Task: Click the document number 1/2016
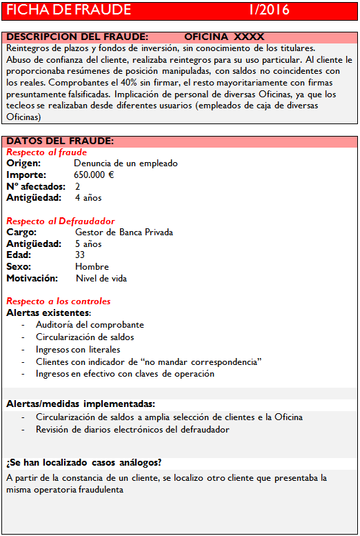[x=269, y=10]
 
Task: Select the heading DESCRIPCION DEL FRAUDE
[x=77, y=37]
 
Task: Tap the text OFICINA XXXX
[x=224, y=37]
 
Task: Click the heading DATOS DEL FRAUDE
[x=60, y=141]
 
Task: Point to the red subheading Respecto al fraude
[x=47, y=152]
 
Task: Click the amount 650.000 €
[x=94, y=175]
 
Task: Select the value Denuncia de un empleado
[x=126, y=163]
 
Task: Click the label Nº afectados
[x=36, y=187]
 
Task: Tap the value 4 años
[x=88, y=198]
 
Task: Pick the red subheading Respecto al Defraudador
[x=61, y=221]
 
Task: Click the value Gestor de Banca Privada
[x=124, y=232]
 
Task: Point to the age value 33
[x=81, y=255]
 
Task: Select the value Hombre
[x=92, y=267]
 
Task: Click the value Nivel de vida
[x=101, y=279]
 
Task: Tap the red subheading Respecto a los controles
[x=59, y=301]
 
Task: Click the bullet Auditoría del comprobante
[x=90, y=325]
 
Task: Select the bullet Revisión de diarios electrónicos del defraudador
[x=132, y=430]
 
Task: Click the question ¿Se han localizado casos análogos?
[x=83, y=462]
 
